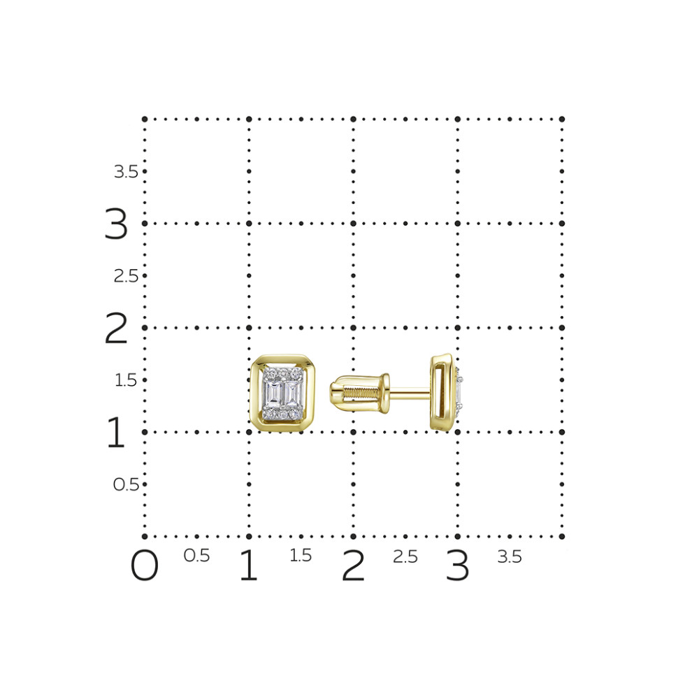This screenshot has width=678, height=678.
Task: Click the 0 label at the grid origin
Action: (145, 565)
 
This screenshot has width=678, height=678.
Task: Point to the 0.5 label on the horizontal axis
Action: (196, 556)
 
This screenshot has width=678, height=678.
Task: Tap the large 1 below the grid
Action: (249, 565)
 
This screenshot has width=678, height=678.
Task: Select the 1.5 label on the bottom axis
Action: (301, 556)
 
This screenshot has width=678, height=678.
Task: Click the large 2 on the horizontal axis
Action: (353, 565)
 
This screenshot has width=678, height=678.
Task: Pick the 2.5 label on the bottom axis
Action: (405, 556)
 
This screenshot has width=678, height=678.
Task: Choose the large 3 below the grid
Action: (458, 565)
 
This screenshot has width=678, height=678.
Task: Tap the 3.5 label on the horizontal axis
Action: (510, 556)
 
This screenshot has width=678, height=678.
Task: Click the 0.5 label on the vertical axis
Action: (126, 484)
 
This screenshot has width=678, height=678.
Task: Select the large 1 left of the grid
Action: (116, 432)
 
